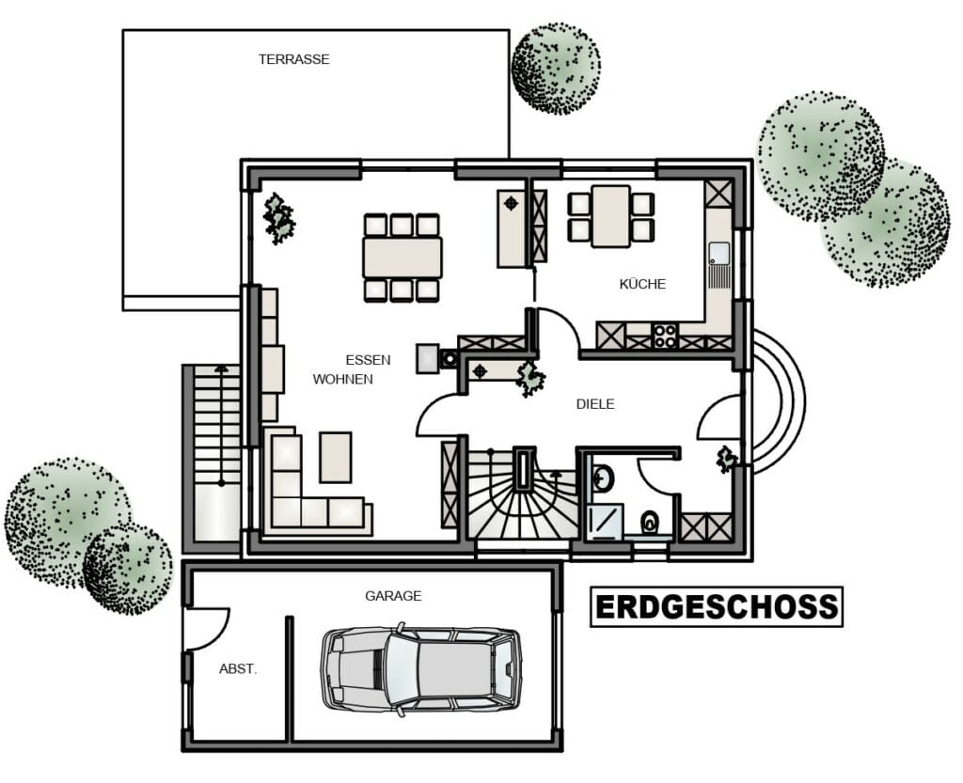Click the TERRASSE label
(x=293, y=59)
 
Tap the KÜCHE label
(x=642, y=284)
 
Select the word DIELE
(x=595, y=404)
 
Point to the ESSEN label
(x=368, y=360)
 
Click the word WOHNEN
(x=342, y=379)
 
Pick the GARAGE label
(x=393, y=596)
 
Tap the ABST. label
(x=238, y=669)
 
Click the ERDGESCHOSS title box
(x=717, y=607)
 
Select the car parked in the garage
(x=421, y=670)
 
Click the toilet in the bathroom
(x=649, y=523)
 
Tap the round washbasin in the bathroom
(x=603, y=478)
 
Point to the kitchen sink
(x=718, y=264)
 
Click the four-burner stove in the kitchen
(x=665, y=336)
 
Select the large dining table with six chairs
(x=403, y=258)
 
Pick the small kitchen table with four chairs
(x=611, y=216)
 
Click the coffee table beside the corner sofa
(x=336, y=457)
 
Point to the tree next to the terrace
(x=556, y=69)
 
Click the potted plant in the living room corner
(x=278, y=218)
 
